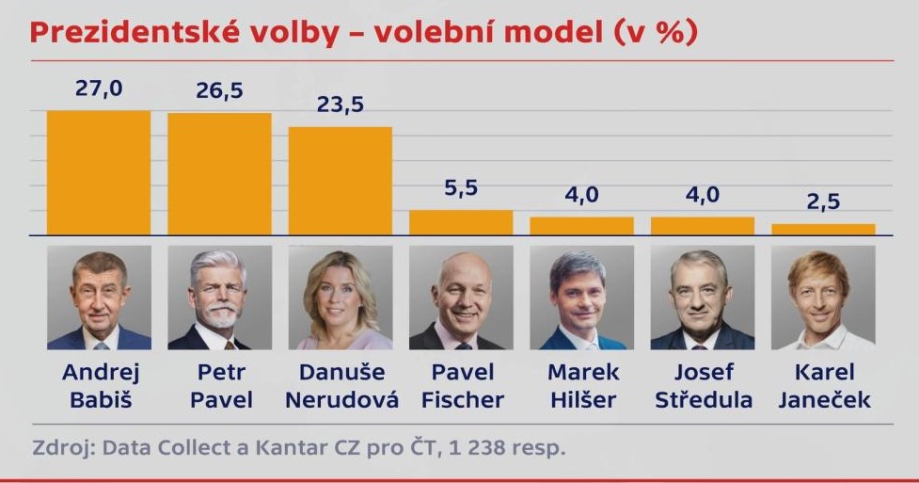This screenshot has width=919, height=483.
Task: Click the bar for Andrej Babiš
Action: (x=99, y=172)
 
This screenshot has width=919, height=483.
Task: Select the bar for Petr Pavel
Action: (x=219, y=173)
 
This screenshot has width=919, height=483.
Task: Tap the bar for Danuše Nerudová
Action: (x=340, y=180)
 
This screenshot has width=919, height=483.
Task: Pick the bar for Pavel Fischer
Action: (x=461, y=222)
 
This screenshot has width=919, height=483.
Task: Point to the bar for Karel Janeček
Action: (x=823, y=229)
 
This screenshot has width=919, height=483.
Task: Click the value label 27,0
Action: (x=99, y=89)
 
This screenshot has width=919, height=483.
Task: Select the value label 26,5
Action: (x=219, y=92)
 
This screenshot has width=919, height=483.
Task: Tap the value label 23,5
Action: (x=340, y=105)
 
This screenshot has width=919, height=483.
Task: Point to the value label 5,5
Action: (x=461, y=188)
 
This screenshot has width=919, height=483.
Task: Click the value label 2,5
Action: (x=823, y=202)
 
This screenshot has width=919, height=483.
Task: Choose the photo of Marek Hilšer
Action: (x=581, y=298)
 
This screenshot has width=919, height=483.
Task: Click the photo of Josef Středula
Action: (x=702, y=298)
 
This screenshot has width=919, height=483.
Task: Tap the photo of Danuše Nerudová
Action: (x=340, y=298)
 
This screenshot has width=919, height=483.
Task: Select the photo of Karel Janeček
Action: (x=823, y=298)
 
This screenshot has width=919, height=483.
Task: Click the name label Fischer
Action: (x=462, y=400)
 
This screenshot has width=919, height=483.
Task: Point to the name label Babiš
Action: (x=99, y=400)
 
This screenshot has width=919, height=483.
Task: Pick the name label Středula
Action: (x=703, y=400)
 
